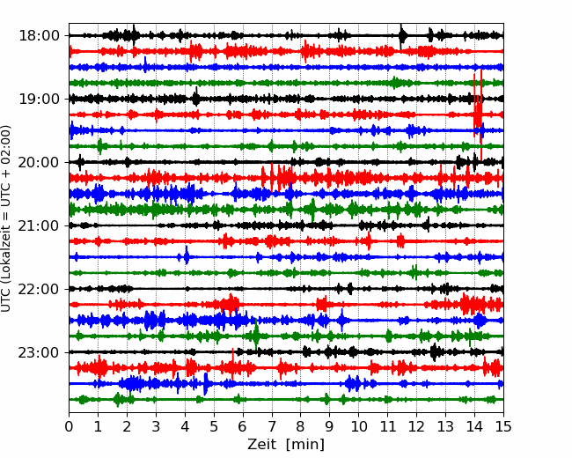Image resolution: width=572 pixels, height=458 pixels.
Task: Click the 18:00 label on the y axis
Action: coord(39,36)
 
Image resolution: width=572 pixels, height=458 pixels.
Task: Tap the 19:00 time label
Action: coord(39,99)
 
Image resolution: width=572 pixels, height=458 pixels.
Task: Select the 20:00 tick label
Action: coord(39,162)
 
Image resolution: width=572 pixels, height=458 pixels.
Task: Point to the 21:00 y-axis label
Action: coord(39,225)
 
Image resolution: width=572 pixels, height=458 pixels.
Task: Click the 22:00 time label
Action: coord(39,289)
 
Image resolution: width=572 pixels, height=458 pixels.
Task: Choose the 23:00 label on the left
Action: coord(39,352)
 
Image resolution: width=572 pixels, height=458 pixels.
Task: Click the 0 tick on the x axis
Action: coord(69,426)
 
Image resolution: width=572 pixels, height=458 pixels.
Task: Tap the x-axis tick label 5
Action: coord(214,426)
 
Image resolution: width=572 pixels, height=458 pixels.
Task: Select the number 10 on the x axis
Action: coord(358,426)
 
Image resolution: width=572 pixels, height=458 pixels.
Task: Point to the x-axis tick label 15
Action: coord(503,426)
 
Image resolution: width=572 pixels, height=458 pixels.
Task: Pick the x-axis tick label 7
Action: coord(272,426)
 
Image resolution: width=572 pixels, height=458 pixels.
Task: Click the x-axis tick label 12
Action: coord(416,426)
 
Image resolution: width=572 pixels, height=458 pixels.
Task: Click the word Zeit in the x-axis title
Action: coord(262,445)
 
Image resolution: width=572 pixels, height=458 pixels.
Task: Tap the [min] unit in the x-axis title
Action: coord(305,445)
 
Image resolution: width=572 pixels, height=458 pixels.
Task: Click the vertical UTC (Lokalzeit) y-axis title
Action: coord(6,218)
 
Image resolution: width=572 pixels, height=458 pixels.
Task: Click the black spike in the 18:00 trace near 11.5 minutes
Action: coord(401,36)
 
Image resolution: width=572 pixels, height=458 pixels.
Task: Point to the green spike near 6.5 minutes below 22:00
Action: coord(256,336)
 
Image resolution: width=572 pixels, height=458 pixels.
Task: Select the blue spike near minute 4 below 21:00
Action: coord(187,255)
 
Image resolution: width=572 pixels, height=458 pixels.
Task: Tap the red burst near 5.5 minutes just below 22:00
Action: coord(230,304)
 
